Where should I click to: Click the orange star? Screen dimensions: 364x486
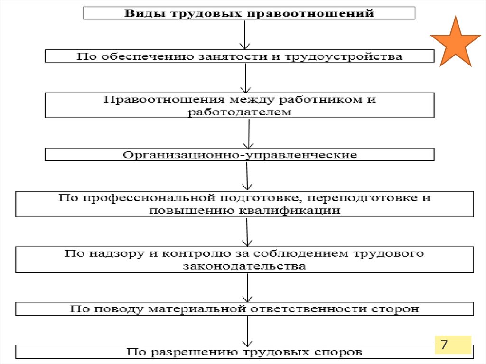tap(455, 43)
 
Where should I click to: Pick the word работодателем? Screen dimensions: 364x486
tap(239, 112)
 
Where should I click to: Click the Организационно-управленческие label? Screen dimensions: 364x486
tap(240, 155)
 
